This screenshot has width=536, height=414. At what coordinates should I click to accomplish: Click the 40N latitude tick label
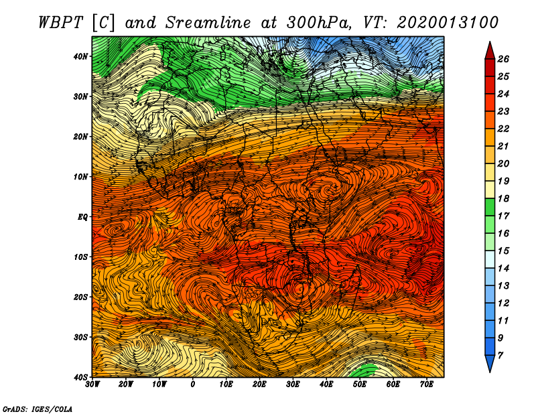tap(80, 56)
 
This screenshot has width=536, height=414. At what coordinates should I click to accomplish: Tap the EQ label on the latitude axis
tap(82, 217)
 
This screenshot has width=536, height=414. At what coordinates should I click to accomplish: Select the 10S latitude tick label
tap(80, 257)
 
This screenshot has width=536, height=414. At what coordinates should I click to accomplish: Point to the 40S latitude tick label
tap(80, 377)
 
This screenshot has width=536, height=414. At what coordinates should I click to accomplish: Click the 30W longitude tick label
tap(92, 385)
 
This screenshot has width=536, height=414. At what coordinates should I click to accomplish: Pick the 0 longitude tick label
tap(193, 385)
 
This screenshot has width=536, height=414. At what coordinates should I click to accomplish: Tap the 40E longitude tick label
tap(326, 385)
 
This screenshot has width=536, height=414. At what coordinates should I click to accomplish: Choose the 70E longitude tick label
tap(427, 385)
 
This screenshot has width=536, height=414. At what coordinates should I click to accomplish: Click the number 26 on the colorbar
tap(503, 59)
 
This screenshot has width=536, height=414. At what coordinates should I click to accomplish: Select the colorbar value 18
tap(503, 198)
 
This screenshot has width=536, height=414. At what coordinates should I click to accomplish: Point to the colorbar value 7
tap(500, 356)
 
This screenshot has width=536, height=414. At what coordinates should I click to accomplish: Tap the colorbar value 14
tap(503, 269)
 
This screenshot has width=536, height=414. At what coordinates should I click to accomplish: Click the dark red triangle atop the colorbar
tap(490, 52)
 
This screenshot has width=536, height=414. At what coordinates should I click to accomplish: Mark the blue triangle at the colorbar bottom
tap(490, 363)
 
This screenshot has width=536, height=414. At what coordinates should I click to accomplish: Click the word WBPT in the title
tap(61, 23)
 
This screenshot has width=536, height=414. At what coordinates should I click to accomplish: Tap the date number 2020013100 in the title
tap(448, 23)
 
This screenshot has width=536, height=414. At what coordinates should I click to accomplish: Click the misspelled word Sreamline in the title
tap(208, 23)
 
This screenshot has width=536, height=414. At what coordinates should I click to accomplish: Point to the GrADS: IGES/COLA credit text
tap(38, 409)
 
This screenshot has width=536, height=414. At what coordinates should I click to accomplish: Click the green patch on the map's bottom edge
tap(364, 370)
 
